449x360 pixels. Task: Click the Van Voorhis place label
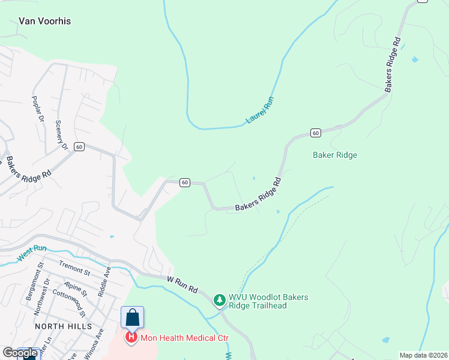[x=45, y=21]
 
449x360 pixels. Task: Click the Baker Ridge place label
[x=335, y=155]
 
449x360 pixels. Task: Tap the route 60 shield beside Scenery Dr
[x=79, y=146]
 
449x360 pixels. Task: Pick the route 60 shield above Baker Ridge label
[x=315, y=133]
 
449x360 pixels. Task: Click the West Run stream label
[x=32, y=251]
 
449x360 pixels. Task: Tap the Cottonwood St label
[x=69, y=304]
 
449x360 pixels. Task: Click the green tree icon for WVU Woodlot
[x=220, y=299]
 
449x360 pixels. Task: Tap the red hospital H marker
[x=131, y=337]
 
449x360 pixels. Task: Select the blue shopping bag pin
[x=132, y=317]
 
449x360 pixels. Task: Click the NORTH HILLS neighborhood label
[x=63, y=326]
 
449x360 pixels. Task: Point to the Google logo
[x=20, y=353]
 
